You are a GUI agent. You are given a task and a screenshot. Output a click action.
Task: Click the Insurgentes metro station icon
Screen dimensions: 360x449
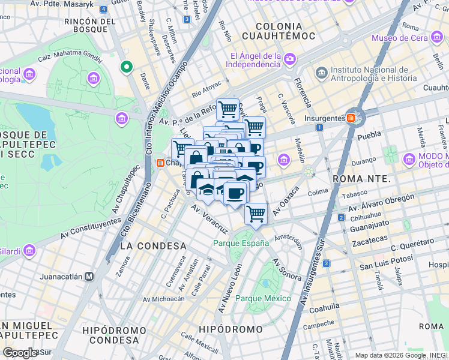[x=351, y=118]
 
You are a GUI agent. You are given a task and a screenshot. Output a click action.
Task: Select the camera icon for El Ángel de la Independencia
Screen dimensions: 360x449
[x=290, y=59]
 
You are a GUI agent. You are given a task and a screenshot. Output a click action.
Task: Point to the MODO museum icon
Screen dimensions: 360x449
[x=409, y=160]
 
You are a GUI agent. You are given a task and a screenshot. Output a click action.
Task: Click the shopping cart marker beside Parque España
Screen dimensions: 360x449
[x=256, y=214]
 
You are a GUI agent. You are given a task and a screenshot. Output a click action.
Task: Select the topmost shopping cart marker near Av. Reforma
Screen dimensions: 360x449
[x=228, y=110]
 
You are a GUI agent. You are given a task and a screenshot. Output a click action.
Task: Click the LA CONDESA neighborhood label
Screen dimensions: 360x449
[x=154, y=246]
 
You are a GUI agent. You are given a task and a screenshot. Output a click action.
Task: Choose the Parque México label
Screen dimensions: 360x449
[x=263, y=298]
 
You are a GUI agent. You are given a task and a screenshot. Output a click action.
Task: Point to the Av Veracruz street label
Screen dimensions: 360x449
[x=209, y=220]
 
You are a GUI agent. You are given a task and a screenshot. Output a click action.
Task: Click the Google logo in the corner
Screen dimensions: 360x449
[x=20, y=352]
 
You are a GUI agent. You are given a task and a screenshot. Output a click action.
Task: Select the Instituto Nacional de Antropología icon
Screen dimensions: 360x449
[x=321, y=73]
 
